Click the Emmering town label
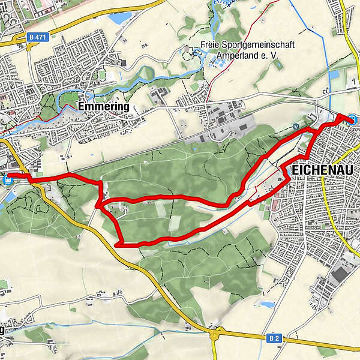click(x=103, y=106)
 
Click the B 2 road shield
click(x=274, y=339)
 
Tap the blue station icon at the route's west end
click(x=8, y=178)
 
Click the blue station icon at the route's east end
click(x=354, y=119)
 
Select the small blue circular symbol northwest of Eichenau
click(x=295, y=126)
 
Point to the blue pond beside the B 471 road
click(x=119, y=19)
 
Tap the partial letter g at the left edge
click(x=2, y=331)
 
